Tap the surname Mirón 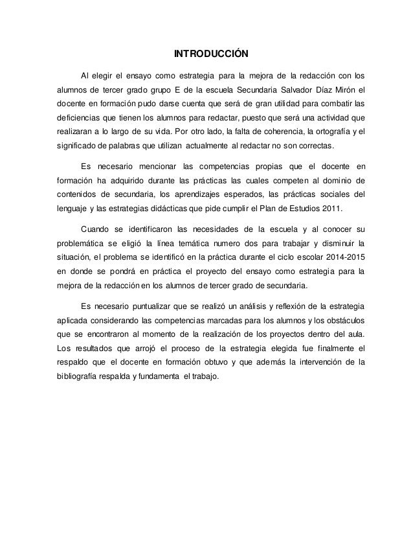(344, 89)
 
